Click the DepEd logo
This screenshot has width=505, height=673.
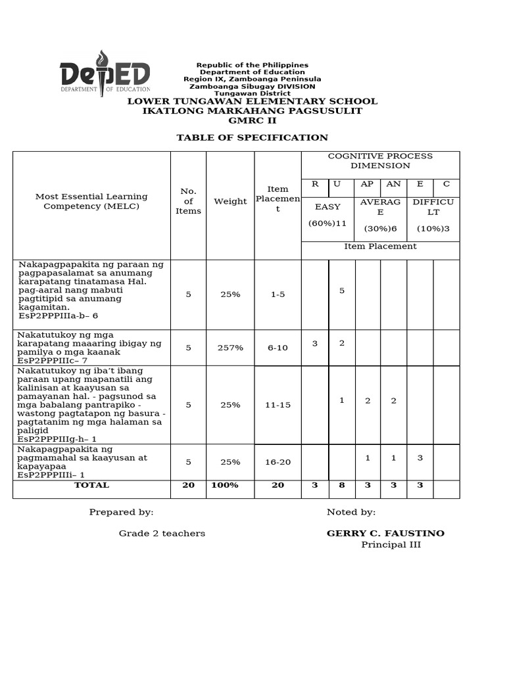(105, 74)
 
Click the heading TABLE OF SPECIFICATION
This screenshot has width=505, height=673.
(252, 137)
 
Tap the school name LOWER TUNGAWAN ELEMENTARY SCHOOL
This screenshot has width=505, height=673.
(252, 101)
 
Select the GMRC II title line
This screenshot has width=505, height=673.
(252, 121)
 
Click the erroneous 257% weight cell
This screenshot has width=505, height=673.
(230, 348)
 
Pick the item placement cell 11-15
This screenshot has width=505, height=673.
(277, 405)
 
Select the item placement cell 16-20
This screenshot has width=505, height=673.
(277, 462)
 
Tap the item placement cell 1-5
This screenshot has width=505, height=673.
(277, 294)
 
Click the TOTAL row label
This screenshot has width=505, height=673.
(91, 485)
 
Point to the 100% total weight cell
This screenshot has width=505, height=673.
(225, 485)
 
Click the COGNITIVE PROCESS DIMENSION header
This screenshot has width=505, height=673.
(380, 161)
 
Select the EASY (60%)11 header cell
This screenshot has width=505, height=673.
(327, 215)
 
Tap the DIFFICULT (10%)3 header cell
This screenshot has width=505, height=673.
(433, 215)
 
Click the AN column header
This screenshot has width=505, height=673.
(393, 184)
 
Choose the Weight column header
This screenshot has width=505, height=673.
(230, 201)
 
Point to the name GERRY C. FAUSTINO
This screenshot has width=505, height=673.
(385, 533)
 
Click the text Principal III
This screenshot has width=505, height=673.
(391, 545)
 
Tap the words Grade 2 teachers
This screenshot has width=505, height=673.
(162, 533)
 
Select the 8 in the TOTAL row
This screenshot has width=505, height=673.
(341, 485)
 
